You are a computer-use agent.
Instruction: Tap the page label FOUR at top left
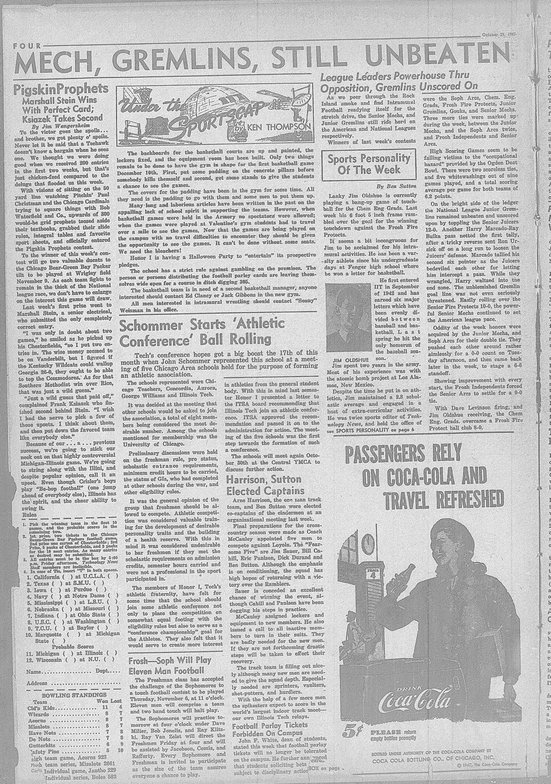[x=29, y=47]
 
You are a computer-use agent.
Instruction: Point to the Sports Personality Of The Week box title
[x=369, y=164]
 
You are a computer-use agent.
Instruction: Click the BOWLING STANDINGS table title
[x=71, y=696]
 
